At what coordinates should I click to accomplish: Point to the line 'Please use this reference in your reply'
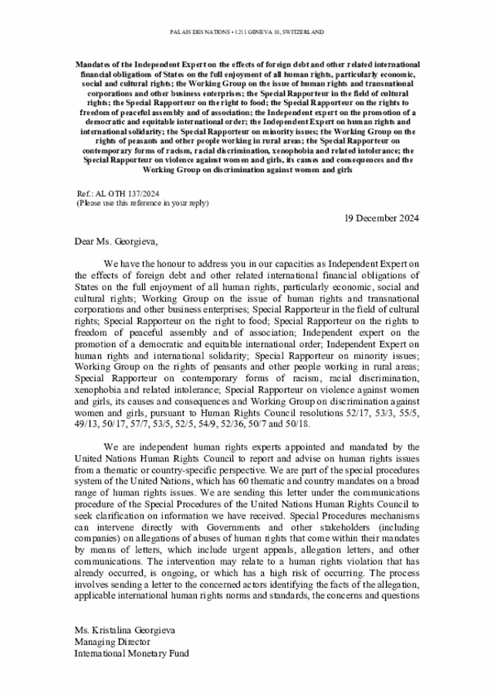142,203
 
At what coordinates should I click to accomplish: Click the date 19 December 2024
381,219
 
